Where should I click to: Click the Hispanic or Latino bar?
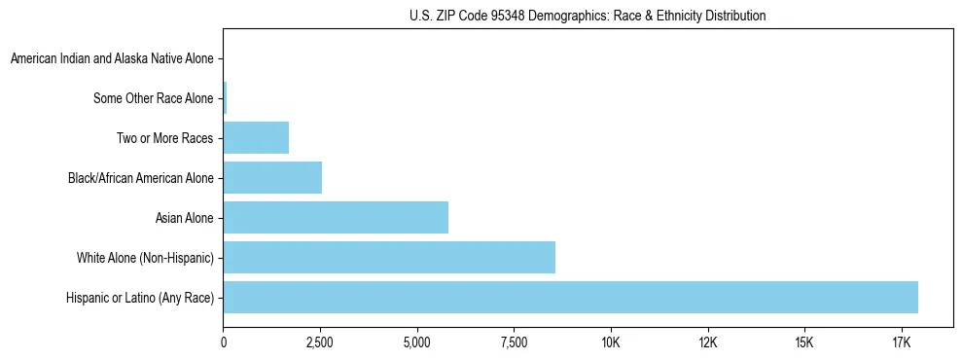tap(570, 298)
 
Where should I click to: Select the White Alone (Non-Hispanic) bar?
tap(389, 258)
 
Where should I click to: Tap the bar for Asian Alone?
tap(336, 218)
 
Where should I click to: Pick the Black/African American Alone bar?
tap(272, 178)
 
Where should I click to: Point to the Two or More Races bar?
tap(256, 138)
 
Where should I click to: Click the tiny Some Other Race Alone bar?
tap(225, 98)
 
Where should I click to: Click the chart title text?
tap(587, 16)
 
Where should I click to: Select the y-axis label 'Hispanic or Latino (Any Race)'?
tap(140, 298)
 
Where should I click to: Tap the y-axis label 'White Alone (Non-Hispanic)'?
tap(145, 258)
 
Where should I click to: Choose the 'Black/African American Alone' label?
tap(141, 178)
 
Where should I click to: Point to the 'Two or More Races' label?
tap(165, 138)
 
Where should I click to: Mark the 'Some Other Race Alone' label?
tap(154, 98)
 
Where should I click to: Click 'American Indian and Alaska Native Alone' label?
tap(112, 59)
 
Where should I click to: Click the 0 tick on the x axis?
tap(224, 342)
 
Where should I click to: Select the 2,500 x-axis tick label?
tap(320, 342)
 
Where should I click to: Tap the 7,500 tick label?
tap(514, 342)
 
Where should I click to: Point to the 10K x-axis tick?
tap(611, 342)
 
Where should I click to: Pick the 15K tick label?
tap(803, 342)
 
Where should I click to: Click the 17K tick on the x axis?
tap(901, 342)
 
